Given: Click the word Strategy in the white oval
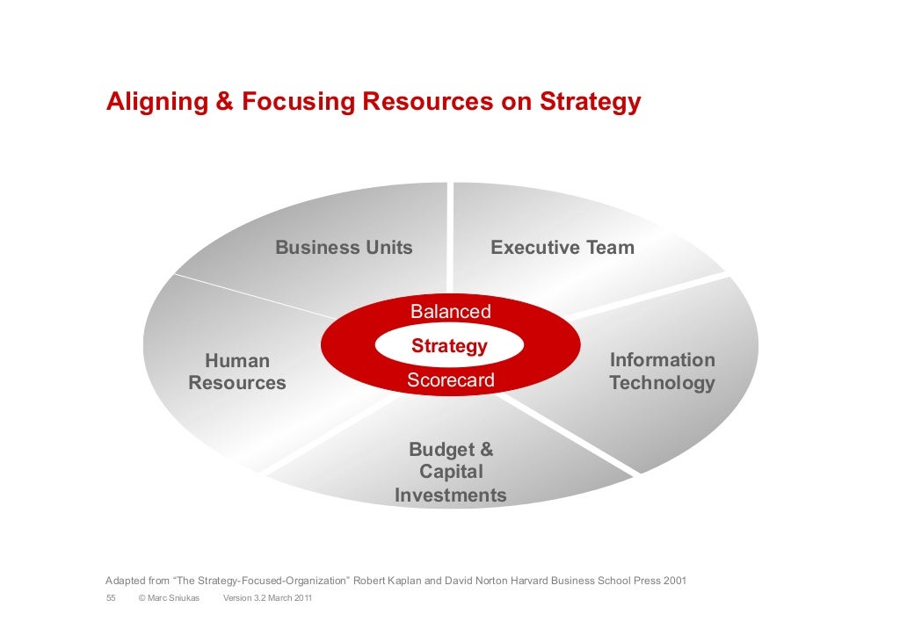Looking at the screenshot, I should (449, 346).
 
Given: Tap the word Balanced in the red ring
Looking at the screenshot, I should (451, 312).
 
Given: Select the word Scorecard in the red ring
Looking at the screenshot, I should (451, 380).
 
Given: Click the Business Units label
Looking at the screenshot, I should (344, 248).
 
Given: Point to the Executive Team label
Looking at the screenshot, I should (562, 248).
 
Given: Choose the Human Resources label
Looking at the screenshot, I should (237, 372).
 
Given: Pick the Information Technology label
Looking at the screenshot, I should (662, 372).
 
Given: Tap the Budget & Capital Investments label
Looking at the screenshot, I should (451, 473).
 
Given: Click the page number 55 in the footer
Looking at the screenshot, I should (111, 599).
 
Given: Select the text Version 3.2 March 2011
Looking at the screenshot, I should (267, 599).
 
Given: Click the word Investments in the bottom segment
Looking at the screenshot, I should (451, 495).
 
